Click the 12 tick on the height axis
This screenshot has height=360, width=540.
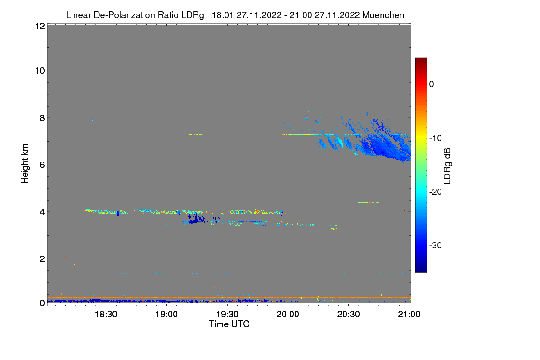[39, 26]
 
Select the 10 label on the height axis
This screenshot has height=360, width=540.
[39, 71]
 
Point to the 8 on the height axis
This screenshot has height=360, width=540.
[41, 118]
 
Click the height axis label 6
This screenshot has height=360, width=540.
[41, 165]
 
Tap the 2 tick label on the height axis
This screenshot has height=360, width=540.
[41, 259]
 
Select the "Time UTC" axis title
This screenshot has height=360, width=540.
[229, 324]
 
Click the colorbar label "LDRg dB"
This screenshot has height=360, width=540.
[447, 166]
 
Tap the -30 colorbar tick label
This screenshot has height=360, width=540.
[437, 246]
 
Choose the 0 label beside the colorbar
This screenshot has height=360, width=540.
[432, 84]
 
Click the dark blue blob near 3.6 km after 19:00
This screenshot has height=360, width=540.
[196, 220]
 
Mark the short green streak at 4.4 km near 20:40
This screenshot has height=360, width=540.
[369, 202]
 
